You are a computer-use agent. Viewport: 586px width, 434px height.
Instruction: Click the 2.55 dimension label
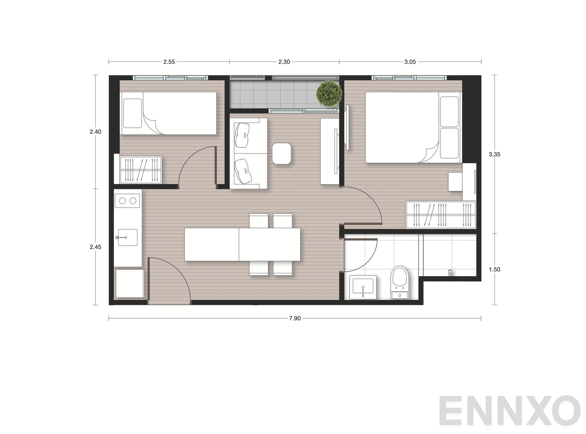(169, 62)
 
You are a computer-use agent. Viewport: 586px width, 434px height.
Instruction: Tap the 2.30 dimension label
(284, 62)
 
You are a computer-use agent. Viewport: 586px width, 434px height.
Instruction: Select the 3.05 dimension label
(410, 62)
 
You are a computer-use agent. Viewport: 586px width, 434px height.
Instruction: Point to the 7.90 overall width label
(294, 318)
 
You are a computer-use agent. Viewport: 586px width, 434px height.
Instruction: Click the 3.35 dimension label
(494, 154)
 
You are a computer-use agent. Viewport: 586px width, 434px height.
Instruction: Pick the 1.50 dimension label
(494, 269)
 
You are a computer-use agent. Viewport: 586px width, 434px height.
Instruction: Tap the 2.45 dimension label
(95, 247)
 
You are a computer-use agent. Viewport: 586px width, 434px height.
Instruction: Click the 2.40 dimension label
(95, 131)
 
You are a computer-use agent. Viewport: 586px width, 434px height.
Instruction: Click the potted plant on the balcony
(329, 94)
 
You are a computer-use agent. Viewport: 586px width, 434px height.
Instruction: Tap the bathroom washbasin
(363, 287)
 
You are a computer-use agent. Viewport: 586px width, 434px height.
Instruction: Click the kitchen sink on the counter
(127, 237)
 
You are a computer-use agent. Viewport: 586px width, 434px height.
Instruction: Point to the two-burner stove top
(127, 201)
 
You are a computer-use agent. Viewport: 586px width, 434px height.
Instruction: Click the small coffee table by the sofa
(281, 153)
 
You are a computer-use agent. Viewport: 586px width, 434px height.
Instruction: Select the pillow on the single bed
(133, 113)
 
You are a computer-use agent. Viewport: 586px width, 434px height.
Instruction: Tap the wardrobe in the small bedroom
(141, 170)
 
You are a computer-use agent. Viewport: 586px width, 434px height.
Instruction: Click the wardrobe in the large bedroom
(441, 215)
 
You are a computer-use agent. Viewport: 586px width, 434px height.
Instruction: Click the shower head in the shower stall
(450, 272)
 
